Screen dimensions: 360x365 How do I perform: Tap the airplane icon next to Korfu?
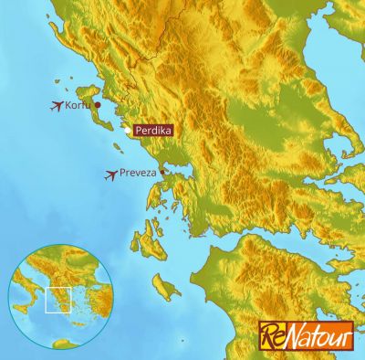57,106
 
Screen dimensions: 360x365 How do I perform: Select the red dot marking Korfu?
97,105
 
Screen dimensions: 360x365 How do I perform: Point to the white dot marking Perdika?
127,131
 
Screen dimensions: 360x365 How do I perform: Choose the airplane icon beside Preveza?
112,175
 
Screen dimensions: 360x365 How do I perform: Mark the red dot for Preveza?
162,171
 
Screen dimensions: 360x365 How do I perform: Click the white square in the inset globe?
57,300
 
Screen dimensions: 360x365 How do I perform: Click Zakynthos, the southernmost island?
164,290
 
